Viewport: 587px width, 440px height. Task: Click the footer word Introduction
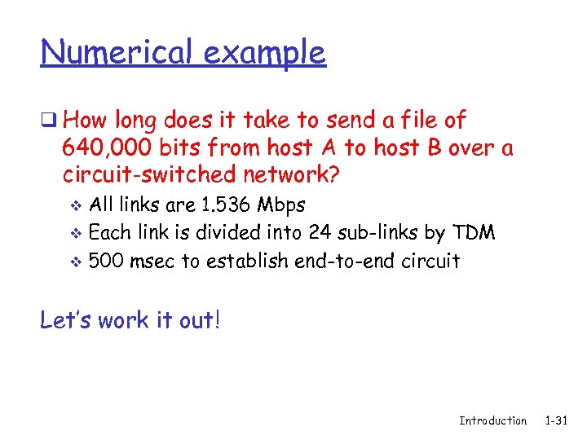click(x=492, y=420)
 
